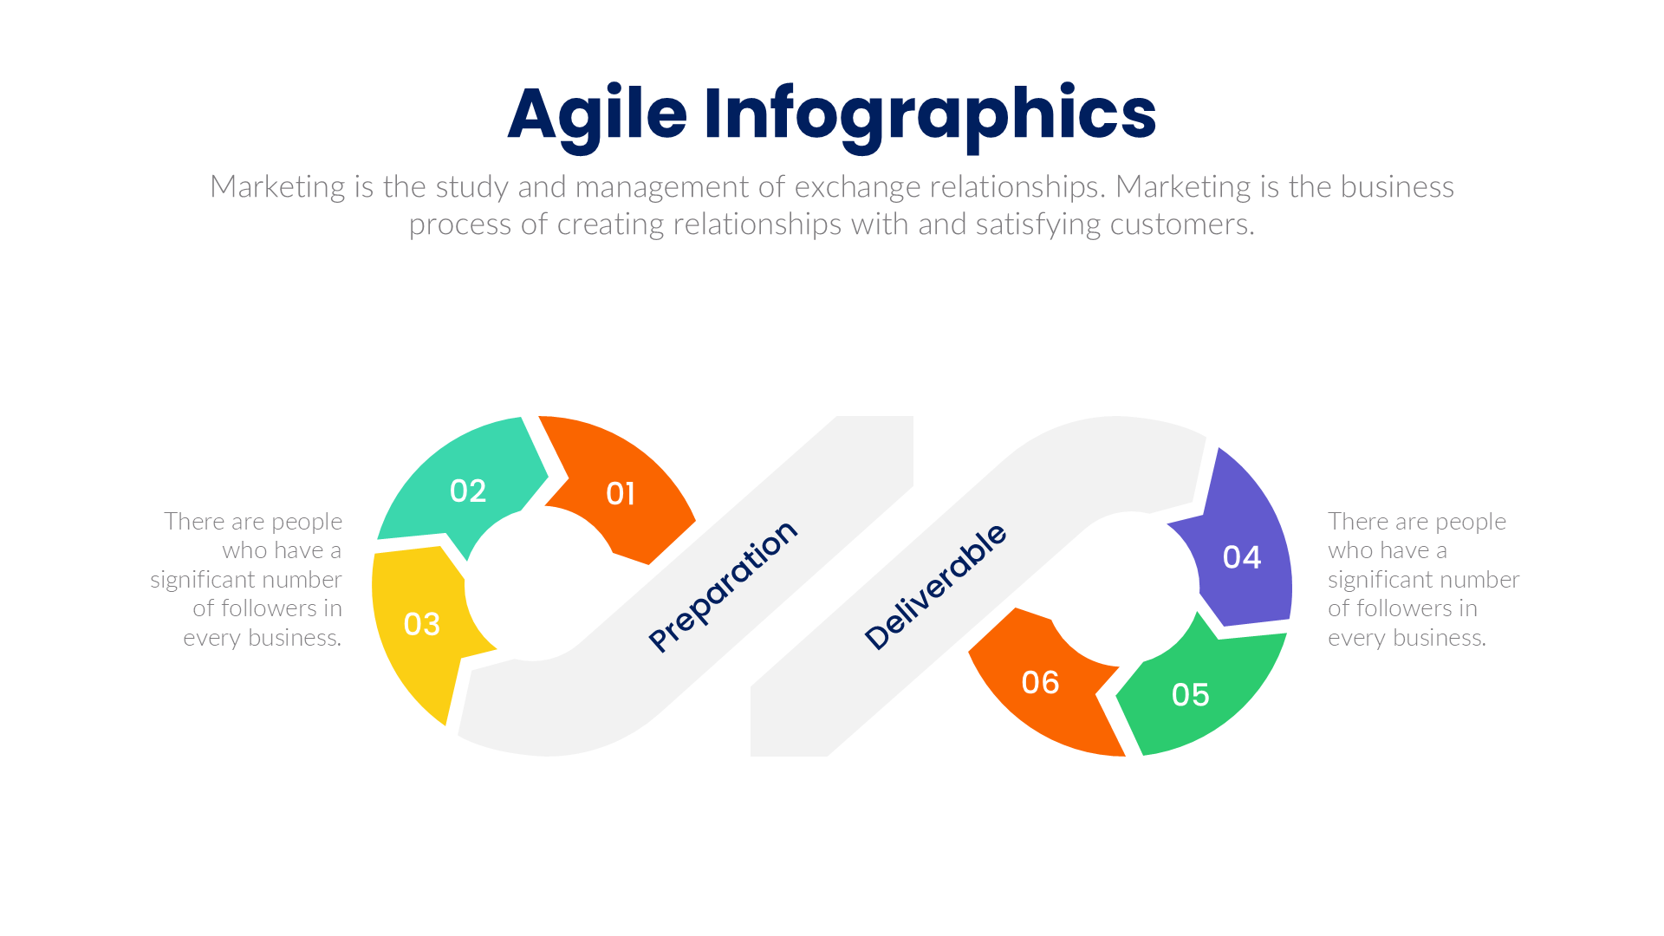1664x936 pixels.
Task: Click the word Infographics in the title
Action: coord(929,114)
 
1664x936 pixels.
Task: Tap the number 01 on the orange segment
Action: coord(621,494)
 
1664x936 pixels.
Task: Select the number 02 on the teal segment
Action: coord(468,491)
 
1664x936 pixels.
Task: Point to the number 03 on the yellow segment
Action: coord(422,625)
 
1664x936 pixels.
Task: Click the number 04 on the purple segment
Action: coord(1241,557)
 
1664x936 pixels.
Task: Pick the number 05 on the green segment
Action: coord(1190,695)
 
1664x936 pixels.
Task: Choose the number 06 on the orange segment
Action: coord(1040,683)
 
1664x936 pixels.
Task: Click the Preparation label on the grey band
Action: coord(723,586)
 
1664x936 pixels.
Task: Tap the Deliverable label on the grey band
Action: coord(936,587)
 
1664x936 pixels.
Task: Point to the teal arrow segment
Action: coord(433,511)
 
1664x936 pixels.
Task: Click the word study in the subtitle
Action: coord(471,187)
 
